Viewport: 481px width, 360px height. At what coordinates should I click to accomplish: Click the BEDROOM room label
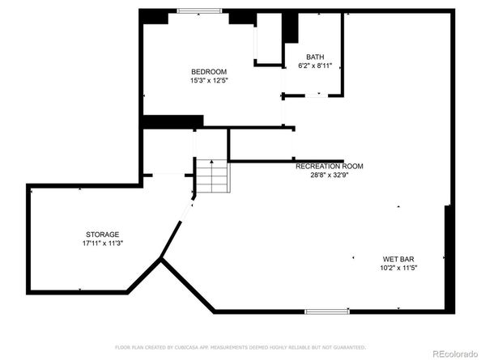[x=208, y=71]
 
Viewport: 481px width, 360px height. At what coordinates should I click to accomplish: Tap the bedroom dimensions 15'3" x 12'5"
[x=208, y=80]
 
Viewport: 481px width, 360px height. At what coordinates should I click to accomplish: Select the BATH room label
[x=314, y=57]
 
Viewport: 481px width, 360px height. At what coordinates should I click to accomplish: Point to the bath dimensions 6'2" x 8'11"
[x=314, y=66]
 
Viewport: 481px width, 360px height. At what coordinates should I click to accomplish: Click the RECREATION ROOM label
[x=329, y=166]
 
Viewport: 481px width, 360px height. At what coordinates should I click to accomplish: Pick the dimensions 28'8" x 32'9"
[x=329, y=175]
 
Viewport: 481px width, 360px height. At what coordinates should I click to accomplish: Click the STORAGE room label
[x=102, y=234]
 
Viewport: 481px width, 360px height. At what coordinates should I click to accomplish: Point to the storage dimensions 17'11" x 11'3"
[x=102, y=243]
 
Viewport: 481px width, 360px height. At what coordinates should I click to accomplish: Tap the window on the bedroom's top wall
[x=201, y=11]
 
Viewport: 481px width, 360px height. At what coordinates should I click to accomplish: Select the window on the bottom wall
[x=327, y=311]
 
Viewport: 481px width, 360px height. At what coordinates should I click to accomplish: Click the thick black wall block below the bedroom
[x=172, y=121]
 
